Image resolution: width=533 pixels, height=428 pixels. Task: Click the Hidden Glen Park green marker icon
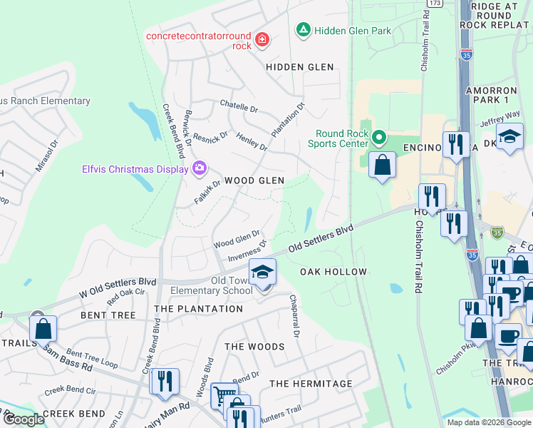point(303,31)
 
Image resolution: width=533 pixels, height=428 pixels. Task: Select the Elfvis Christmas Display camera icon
point(200,168)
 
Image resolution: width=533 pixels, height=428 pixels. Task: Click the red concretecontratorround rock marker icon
point(262,40)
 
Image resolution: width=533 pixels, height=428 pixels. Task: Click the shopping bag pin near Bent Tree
point(43,329)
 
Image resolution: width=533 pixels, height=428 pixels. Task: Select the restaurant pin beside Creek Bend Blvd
point(165,382)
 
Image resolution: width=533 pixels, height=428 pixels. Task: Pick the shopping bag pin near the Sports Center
point(383,165)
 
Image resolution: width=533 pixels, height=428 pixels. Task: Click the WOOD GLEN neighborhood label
point(254,181)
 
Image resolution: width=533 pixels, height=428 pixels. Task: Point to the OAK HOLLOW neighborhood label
point(333,272)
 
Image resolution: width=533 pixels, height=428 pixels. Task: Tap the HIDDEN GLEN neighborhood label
point(300,67)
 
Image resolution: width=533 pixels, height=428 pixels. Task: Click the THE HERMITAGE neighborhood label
point(311,384)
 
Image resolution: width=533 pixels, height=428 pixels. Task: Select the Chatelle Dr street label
point(239,107)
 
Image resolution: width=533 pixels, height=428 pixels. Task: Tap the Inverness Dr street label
point(247,251)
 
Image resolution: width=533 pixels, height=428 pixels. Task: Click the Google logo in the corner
point(23,419)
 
